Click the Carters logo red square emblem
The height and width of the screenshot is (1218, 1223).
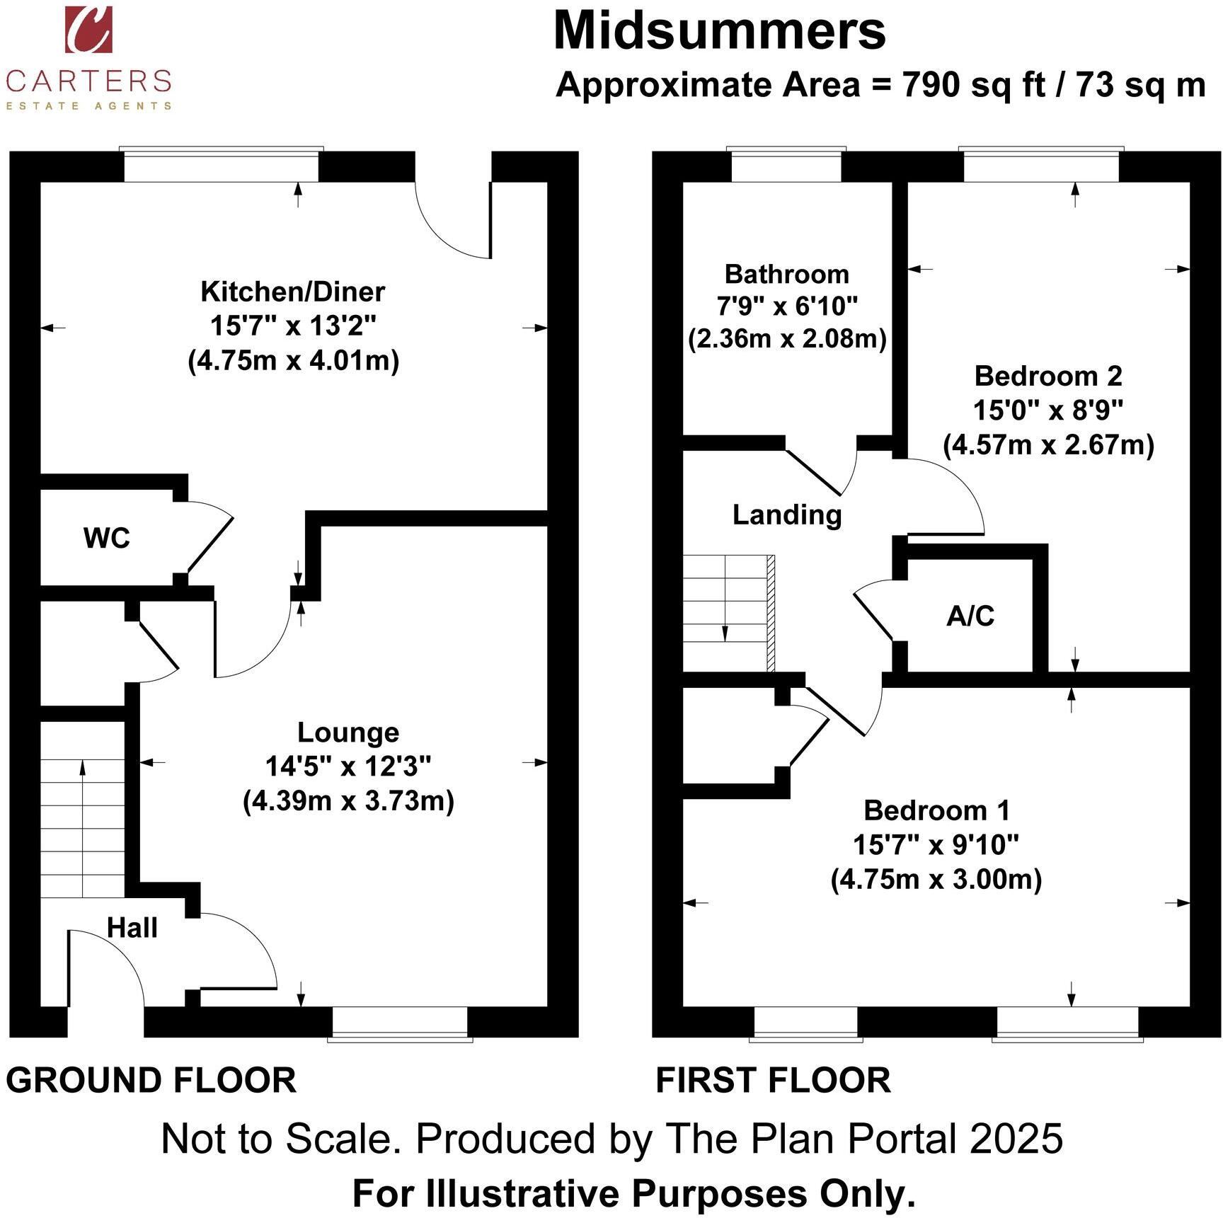tap(88, 29)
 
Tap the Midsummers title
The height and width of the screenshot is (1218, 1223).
tap(719, 31)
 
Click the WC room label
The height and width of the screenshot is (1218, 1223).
tap(107, 539)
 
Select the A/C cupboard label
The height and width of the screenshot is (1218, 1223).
tap(970, 616)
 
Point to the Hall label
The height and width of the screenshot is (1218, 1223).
tap(132, 927)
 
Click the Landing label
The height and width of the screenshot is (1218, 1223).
tap(787, 515)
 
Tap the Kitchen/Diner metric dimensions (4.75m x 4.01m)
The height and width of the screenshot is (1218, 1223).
tap(294, 361)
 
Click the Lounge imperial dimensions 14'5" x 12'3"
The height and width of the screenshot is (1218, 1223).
tap(348, 766)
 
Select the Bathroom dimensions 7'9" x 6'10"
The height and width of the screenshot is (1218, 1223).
tap(787, 306)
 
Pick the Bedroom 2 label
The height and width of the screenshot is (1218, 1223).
tap(1048, 376)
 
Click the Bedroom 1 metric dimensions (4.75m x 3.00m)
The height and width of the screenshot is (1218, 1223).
tap(936, 879)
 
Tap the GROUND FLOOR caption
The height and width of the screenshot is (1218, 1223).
tap(151, 1081)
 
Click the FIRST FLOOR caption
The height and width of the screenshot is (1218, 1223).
tap(773, 1081)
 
